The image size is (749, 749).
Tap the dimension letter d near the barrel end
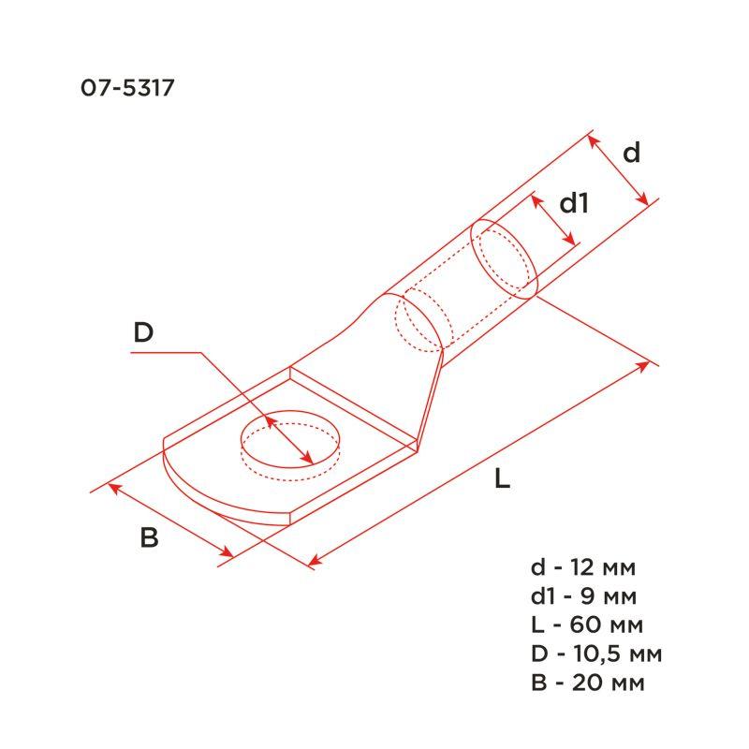pos(632,153)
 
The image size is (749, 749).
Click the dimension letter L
pos(502,480)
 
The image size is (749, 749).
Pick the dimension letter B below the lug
pos(149,538)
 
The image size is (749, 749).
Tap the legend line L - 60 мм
pos(586,624)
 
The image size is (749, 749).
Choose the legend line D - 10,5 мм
pos(596,654)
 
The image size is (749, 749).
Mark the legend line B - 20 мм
pos(587,682)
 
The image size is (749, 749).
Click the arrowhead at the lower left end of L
pos(315,563)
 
